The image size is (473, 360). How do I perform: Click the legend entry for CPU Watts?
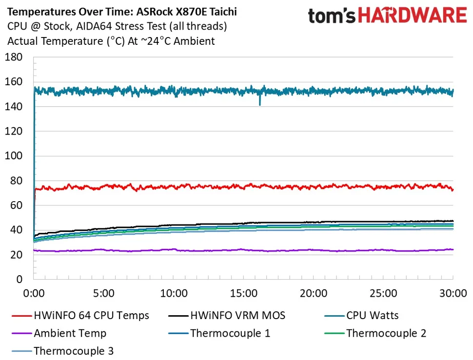coord(372,316)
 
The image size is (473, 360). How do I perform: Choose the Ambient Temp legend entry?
coord(70,333)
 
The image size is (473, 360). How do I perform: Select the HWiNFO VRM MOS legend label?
coord(237,316)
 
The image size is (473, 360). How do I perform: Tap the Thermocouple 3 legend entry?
coord(74,351)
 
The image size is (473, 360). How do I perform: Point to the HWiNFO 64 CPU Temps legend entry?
coord(91,316)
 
